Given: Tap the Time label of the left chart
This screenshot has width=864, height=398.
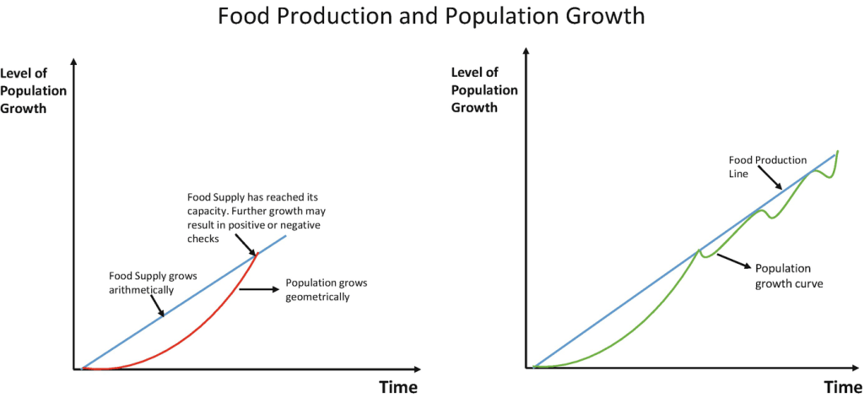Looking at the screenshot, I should (x=397, y=387).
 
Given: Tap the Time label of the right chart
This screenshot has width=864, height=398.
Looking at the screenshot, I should (x=843, y=387).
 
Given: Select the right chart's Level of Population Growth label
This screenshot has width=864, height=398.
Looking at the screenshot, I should (x=485, y=90).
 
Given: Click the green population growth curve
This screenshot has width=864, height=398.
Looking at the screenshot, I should (x=641, y=312).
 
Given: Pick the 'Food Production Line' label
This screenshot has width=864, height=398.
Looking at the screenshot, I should (x=768, y=165).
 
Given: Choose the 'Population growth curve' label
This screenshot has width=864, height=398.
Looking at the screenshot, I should (x=789, y=276).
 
